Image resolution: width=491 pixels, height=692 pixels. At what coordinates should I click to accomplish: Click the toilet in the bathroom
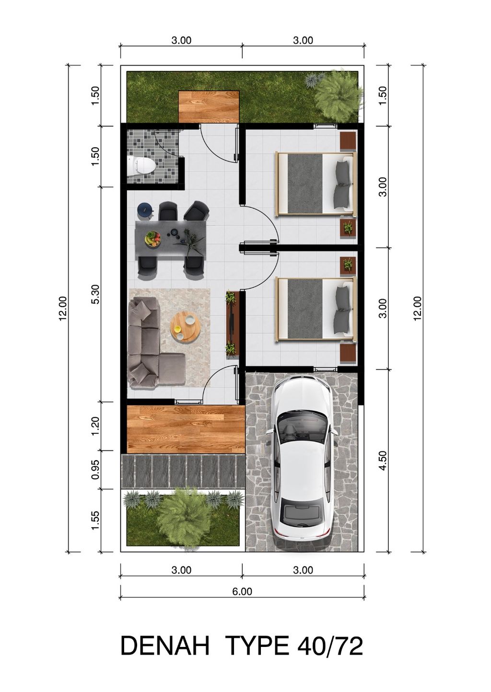point(141,166)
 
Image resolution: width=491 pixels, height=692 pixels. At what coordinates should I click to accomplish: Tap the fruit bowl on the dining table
point(153,239)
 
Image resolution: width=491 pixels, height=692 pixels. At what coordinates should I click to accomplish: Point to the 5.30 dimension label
point(96,294)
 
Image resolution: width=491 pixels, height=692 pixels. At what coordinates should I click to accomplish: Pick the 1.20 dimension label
point(96,427)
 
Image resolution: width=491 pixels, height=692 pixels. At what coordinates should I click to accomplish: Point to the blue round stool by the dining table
point(144,210)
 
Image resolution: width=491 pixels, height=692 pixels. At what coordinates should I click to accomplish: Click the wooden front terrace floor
point(186,430)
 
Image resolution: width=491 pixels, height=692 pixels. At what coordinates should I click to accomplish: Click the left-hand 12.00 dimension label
point(62,308)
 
